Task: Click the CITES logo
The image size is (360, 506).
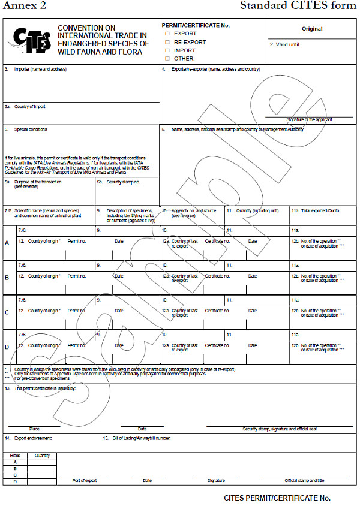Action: click(x=28, y=40)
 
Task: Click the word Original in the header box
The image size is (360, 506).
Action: click(x=312, y=29)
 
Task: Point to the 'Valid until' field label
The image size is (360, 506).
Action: click(x=287, y=44)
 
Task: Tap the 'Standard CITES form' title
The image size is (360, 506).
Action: click(x=298, y=6)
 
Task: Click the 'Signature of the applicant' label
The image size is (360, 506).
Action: click(x=309, y=120)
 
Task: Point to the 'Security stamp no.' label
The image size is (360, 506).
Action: click(x=123, y=182)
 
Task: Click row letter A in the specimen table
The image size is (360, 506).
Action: click(x=7, y=243)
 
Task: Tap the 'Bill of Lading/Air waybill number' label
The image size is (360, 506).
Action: click(x=142, y=439)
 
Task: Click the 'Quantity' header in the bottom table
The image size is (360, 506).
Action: click(x=42, y=456)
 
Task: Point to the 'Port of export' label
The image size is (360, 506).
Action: click(x=85, y=480)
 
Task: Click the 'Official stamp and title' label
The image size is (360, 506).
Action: click(x=304, y=480)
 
